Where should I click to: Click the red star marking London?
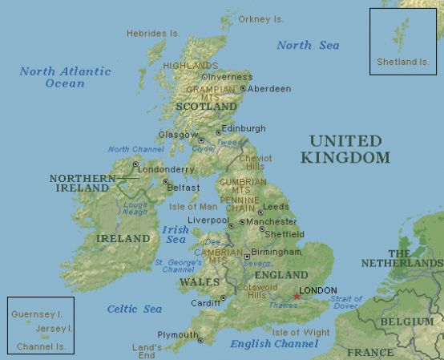click(297, 297)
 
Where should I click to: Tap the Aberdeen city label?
click(268, 89)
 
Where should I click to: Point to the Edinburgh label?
click(244, 128)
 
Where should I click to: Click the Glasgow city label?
click(178, 135)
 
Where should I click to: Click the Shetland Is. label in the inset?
click(402, 62)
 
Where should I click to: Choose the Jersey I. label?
click(54, 329)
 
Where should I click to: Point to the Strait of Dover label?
click(346, 302)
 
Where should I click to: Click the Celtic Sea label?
click(134, 309)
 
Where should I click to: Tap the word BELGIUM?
click(402, 322)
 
